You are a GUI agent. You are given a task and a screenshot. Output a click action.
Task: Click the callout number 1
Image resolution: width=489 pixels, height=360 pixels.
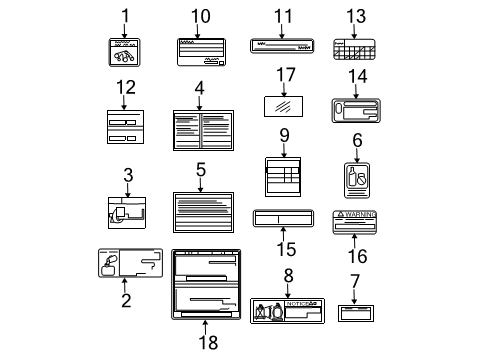(x=126, y=16)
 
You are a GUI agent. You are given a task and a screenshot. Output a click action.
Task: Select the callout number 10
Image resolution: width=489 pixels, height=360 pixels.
(x=201, y=16)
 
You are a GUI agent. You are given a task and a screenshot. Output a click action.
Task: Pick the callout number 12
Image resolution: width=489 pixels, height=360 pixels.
(x=125, y=87)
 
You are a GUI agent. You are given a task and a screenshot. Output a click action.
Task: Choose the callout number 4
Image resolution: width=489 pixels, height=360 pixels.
(x=200, y=88)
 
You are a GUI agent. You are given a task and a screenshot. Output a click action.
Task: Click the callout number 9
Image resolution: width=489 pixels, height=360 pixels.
(x=284, y=135)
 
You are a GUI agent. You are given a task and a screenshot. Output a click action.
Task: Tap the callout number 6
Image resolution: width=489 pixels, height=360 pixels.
(x=357, y=142)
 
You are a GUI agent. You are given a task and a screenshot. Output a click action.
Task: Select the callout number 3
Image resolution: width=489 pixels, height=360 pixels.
(x=128, y=176)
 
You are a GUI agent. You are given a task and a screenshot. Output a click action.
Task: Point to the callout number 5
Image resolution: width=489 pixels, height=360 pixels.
(x=200, y=170)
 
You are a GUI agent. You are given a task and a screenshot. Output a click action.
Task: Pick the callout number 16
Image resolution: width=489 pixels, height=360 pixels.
(x=357, y=256)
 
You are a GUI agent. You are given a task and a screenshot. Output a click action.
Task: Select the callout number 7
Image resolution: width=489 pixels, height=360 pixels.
(x=355, y=281)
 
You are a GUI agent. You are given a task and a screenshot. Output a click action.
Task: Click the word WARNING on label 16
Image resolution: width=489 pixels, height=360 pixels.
(x=363, y=215)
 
